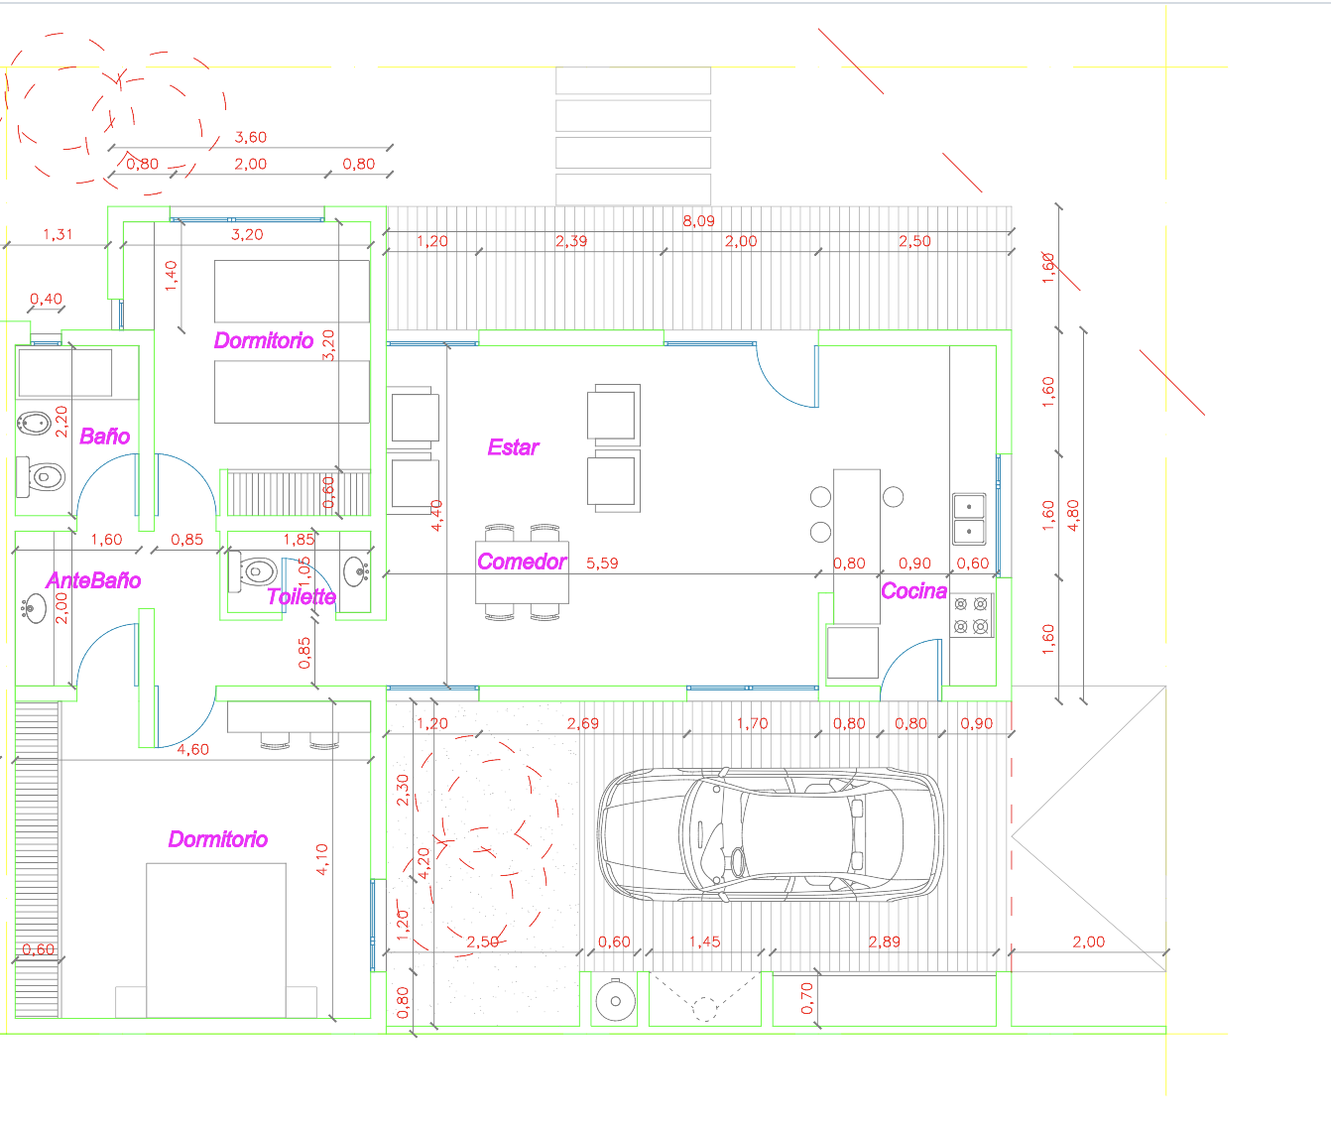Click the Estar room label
pyautogui.click(x=513, y=447)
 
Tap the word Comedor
pyautogui.click(x=522, y=562)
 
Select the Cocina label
pyautogui.click(x=913, y=590)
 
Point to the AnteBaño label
pyautogui.click(x=93, y=580)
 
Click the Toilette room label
pyautogui.click(x=302, y=597)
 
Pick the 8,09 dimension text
pyautogui.click(x=698, y=221)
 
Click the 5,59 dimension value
pyautogui.click(x=602, y=563)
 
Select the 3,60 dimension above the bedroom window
pyautogui.click(x=251, y=137)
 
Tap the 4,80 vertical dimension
pyautogui.click(x=1073, y=516)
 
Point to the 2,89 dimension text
pyautogui.click(x=884, y=941)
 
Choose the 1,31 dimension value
pyautogui.click(x=58, y=234)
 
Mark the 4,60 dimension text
pyautogui.click(x=193, y=749)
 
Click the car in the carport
pyautogui.click(x=771, y=834)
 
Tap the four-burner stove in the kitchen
pyautogui.click(x=971, y=615)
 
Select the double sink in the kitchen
pyautogui.click(x=969, y=519)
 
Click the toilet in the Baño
pyautogui.click(x=41, y=477)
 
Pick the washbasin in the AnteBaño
pyautogui.click(x=34, y=608)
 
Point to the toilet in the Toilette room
pyautogui.click(x=253, y=571)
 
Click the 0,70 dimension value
pyautogui.click(x=807, y=998)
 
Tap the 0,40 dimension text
pyautogui.click(x=47, y=299)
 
